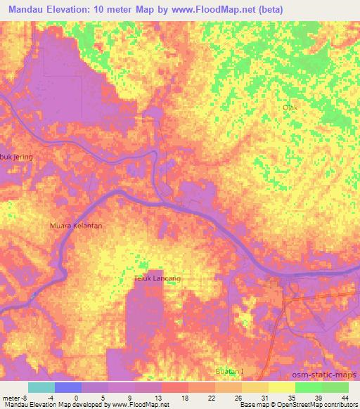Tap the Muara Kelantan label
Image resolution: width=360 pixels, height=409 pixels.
[77, 226]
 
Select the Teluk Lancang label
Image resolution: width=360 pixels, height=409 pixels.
[157, 279]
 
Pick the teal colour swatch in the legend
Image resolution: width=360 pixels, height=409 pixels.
[41, 387]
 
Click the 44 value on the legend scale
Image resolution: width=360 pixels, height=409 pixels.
[344, 397]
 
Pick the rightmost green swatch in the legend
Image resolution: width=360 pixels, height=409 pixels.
[335, 387]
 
